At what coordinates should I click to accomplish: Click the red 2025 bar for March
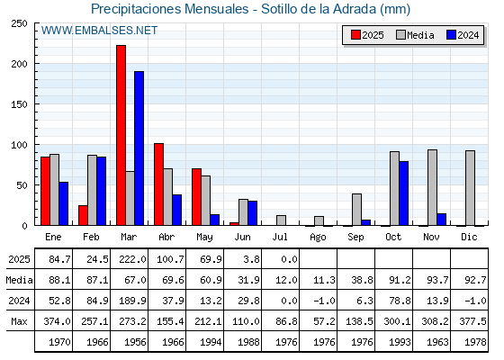click(121, 135)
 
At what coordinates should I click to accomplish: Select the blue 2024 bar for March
click(139, 148)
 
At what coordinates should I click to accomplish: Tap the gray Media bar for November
click(432, 187)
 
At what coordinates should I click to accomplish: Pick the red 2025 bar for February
click(83, 215)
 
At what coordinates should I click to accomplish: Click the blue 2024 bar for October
click(404, 193)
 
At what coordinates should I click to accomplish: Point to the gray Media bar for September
click(356, 210)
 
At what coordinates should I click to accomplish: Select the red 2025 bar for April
click(158, 184)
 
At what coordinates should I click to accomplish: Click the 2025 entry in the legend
click(367, 35)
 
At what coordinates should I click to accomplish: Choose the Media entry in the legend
click(415, 35)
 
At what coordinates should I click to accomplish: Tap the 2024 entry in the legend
click(463, 35)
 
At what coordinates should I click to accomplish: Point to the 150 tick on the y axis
click(19, 104)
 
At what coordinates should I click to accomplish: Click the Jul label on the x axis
click(280, 238)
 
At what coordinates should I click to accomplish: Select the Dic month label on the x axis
click(469, 238)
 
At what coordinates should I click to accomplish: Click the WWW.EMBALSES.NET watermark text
click(99, 31)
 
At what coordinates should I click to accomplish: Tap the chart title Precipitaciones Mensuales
click(170, 9)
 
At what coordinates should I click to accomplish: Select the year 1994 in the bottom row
click(211, 342)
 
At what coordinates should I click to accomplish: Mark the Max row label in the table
click(19, 321)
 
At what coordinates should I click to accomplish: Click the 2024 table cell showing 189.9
click(132, 301)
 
